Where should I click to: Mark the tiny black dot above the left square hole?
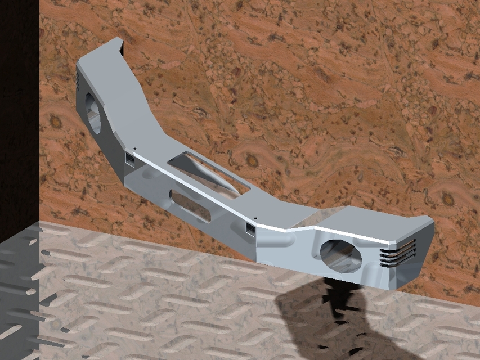[135, 149]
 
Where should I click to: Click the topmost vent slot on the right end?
[398, 244]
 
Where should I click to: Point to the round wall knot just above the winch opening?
[252, 161]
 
